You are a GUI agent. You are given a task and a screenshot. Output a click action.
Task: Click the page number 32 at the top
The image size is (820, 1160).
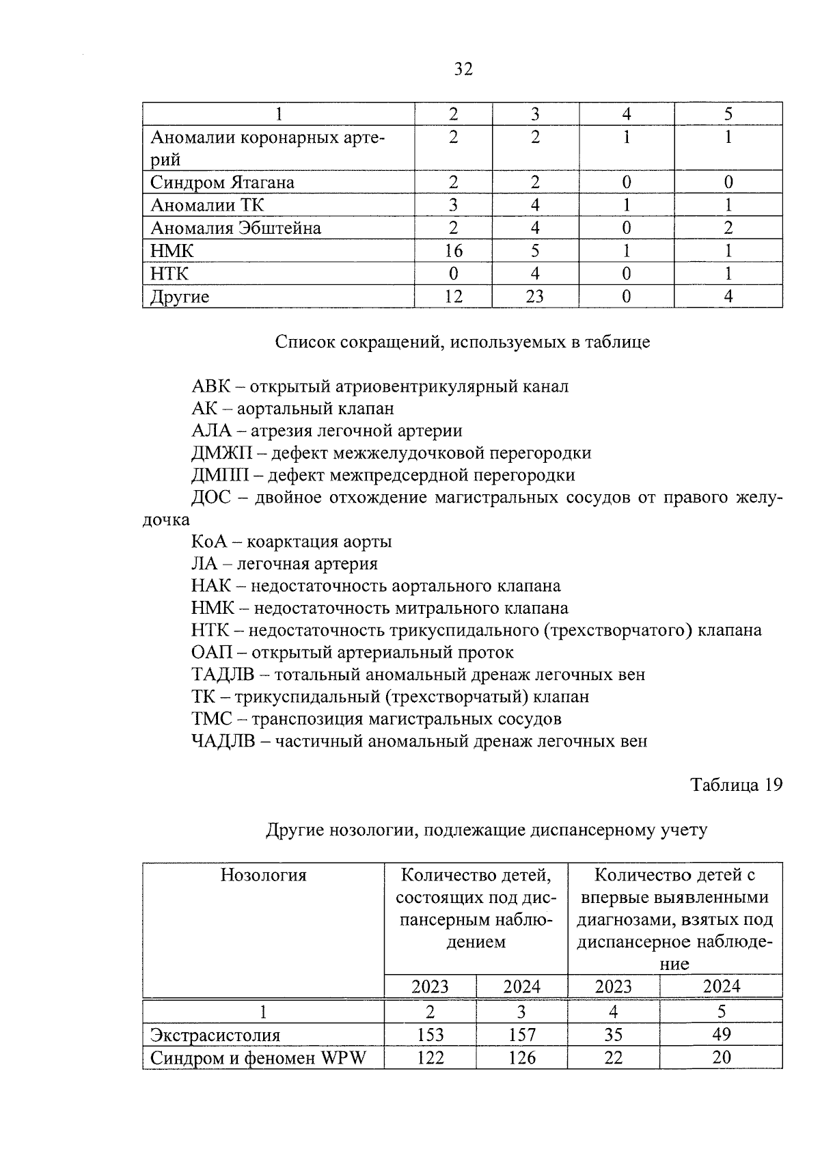tap(463, 69)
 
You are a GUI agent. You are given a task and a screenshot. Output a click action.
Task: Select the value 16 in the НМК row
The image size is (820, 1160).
tap(453, 251)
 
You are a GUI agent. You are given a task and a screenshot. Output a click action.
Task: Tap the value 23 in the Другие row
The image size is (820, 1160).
tap(534, 297)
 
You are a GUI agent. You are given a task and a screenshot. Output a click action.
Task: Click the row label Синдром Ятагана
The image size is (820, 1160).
tap(222, 183)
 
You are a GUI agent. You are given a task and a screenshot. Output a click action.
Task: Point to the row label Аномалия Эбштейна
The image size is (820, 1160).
tap(235, 228)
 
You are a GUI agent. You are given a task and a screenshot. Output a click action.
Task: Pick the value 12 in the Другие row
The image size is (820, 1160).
tap(453, 297)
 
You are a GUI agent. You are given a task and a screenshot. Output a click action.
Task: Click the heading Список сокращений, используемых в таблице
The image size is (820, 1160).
tap(463, 342)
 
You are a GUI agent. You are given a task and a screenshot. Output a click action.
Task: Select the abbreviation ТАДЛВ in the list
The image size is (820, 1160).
tap(223, 675)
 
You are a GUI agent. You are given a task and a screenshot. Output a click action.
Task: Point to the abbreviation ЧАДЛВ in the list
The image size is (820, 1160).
tap(223, 741)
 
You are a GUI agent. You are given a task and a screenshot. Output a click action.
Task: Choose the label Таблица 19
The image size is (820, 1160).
tap(736, 785)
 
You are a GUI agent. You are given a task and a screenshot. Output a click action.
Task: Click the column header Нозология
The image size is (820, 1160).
tap(263, 875)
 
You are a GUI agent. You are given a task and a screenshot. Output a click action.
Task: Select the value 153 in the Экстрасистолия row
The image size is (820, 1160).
tap(430, 1035)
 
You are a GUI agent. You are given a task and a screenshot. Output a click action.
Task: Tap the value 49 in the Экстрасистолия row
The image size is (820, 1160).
tap(721, 1034)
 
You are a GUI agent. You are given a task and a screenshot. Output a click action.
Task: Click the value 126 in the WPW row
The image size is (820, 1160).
tap(521, 1057)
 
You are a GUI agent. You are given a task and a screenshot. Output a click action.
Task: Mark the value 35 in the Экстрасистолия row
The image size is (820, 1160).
tap(613, 1035)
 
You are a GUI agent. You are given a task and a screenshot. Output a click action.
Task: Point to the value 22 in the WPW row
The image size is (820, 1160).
tap(613, 1057)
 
